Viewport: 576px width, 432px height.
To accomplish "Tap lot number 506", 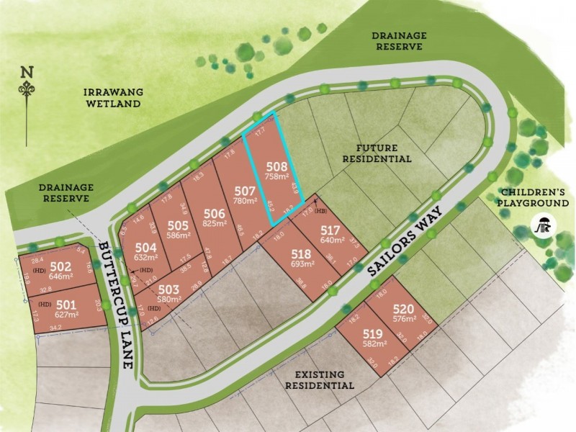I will click(x=215, y=213).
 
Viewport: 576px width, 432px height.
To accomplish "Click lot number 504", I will click(x=146, y=247).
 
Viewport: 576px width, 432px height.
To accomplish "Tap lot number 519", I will click(x=372, y=334).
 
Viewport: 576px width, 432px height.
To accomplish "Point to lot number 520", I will click(x=405, y=307).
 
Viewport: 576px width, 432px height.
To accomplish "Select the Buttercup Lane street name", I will click(x=117, y=302).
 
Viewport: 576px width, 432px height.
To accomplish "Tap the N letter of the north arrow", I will click(x=27, y=72).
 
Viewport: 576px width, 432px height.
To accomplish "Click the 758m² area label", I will click(x=276, y=176).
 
